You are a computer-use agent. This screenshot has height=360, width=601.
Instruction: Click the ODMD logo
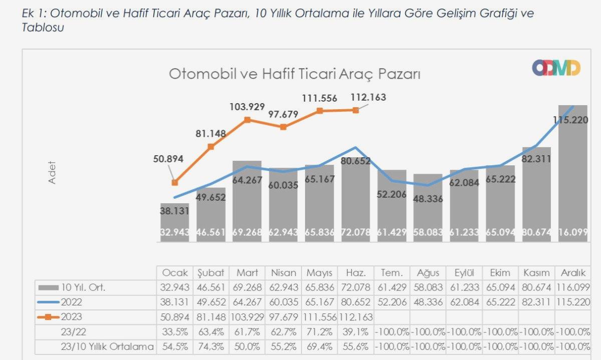click(x=556, y=68)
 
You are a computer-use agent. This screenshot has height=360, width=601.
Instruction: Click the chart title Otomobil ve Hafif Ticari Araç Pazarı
click(x=294, y=74)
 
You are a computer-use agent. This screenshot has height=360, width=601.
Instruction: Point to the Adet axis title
click(x=52, y=172)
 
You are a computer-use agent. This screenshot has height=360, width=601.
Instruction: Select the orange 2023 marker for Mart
click(x=247, y=120)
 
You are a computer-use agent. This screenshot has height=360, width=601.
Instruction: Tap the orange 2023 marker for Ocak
click(x=175, y=183)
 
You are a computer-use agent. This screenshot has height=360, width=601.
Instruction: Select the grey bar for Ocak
click(x=175, y=223)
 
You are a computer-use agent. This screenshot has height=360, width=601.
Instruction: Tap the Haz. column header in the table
click(x=356, y=273)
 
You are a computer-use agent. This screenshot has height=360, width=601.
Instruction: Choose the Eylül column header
click(x=464, y=273)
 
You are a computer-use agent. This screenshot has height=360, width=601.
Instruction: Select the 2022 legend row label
click(x=72, y=302)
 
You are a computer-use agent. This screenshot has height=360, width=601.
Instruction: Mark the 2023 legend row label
click(x=72, y=316)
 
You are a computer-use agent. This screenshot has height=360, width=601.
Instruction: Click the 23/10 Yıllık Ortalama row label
click(x=107, y=345)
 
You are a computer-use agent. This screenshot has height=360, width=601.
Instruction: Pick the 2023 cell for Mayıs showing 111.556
click(x=320, y=316)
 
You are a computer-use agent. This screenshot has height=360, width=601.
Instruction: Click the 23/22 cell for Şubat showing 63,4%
click(x=211, y=331)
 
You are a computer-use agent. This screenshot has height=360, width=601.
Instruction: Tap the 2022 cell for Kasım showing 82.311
click(x=536, y=302)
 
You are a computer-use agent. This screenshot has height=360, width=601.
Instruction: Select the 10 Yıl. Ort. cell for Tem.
click(x=392, y=287)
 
